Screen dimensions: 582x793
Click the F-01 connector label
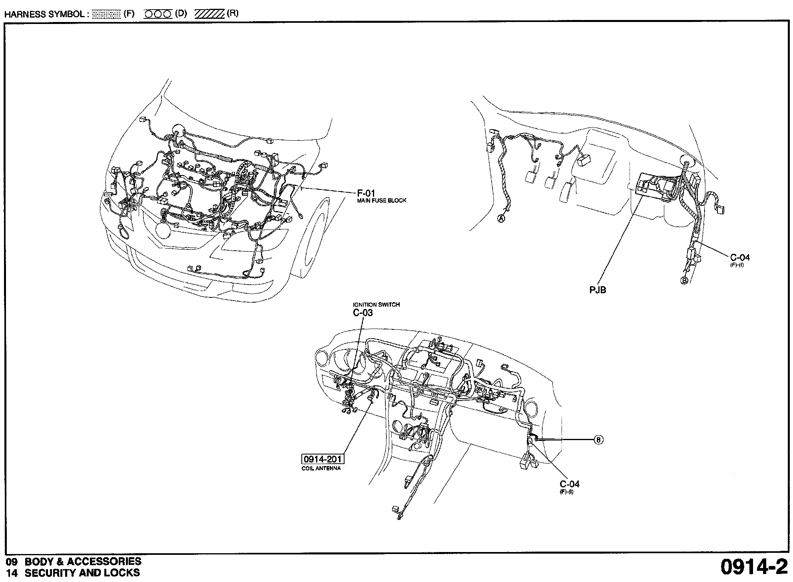pyautogui.click(x=366, y=193)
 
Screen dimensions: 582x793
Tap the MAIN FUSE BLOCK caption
pyautogui.click(x=381, y=201)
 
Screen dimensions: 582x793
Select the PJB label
pyautogui.click(x=598, y=290)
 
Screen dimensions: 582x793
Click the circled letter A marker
pyautogui.click(x=501, y=218)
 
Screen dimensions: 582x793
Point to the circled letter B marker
pyautogui.click(x=684, y=281)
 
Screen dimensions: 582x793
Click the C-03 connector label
pyautogui.click(x=363, y=313)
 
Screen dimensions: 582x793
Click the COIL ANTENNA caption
pyautogui.click(x=321, y=468)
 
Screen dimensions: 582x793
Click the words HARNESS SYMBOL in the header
pyautogui.click(x=44, y=14)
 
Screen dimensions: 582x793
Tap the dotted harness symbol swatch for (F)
pyautogui.click(x=106, y=14)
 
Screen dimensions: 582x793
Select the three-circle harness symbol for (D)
pyautogui.click(x=158, y=14)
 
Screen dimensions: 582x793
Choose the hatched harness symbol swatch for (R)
pyautogui.click(x=209, y=14)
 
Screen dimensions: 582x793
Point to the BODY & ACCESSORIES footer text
pyautogui.click(x=83, y=562)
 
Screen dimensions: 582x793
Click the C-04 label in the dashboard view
pyautogui.click(x=569, y=484)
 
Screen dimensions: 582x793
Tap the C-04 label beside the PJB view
pyautogui.click(x=740, y=258)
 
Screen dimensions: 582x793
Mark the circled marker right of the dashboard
pyautogui.click(x=598, y=440)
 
